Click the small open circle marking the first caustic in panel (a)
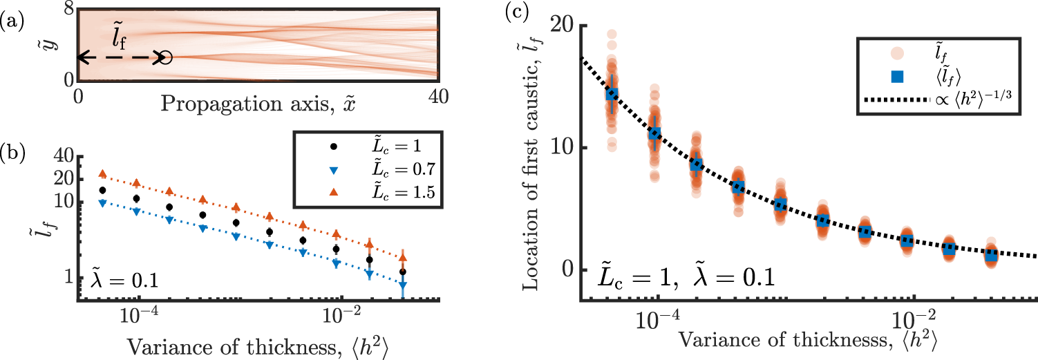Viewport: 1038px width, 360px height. [x=165, y=58]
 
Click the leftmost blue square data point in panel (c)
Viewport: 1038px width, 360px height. [x=612, y=94]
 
